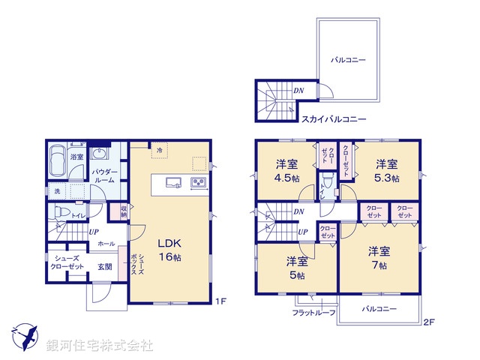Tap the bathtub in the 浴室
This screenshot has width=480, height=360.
(56, 160)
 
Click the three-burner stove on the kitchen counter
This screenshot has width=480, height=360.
(199, 182)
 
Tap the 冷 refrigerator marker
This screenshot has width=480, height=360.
(159, 151)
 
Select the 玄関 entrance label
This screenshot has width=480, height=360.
(104, 266)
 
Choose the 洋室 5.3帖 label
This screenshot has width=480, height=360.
(387, 170)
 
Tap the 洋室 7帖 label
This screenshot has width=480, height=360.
(378, 257)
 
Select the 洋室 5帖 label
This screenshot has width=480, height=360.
(297, 268)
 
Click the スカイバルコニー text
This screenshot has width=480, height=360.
(334, 119)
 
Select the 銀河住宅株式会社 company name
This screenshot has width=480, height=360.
(99, 346)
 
